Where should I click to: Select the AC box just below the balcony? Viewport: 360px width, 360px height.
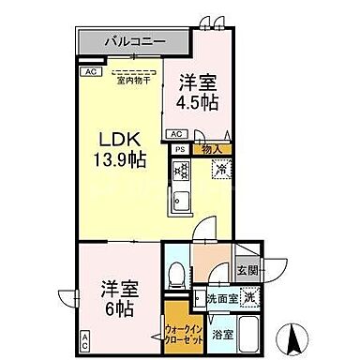(x=91, y=71)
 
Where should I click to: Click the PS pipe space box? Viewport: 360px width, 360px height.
(x=179, y=149)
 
